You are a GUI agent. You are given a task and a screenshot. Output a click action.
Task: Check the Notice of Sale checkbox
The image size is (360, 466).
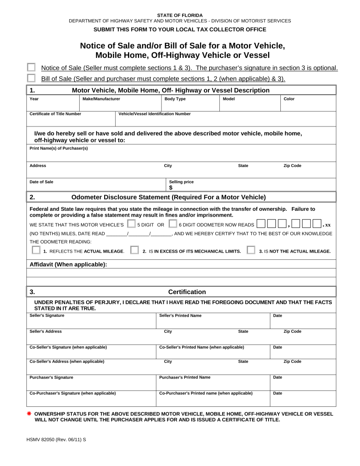pos(31,67)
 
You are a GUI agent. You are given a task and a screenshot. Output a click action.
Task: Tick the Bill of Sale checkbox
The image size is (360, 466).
pos(31,78)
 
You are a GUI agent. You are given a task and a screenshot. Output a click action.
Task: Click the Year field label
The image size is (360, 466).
pos(34,99)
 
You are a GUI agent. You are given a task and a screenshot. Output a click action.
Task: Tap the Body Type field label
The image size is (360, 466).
pos(175,99)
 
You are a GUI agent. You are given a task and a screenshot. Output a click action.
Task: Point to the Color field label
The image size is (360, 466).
pos(289,99)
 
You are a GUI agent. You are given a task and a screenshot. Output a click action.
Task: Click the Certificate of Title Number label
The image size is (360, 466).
pos(55,114)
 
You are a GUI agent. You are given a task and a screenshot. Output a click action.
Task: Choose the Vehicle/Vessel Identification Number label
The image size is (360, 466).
pos(154,114)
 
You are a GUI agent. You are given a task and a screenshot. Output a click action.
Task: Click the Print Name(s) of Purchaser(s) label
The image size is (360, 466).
pos(59,148)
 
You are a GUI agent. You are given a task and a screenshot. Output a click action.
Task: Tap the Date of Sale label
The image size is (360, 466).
pos(41,182)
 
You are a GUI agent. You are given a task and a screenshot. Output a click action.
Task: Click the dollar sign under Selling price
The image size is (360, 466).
pos(171,187)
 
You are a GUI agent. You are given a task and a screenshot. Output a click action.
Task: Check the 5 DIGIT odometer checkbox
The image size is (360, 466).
pos(132,224)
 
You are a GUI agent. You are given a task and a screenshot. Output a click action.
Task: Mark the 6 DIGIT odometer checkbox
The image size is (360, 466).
pos(172,224)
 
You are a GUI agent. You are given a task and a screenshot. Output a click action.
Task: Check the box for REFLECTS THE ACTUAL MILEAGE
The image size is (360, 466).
pos(36,250)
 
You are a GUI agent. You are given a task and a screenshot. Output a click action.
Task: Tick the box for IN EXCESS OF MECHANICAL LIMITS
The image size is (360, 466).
pos(134,250)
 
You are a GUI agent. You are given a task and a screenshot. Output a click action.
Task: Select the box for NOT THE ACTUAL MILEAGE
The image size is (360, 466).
pos(251,250)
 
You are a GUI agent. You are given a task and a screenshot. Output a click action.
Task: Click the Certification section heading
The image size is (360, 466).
pos(187,292)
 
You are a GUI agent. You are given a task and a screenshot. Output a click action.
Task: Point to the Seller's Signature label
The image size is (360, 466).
pos(47,315)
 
